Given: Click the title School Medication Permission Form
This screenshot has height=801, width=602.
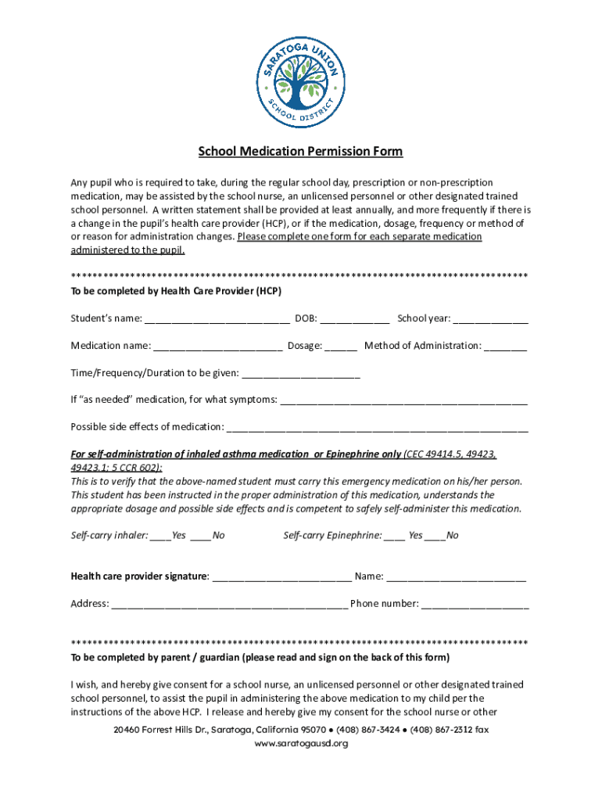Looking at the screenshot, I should (x=300, y=152).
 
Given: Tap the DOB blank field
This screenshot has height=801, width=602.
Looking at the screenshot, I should (x=355, y=319).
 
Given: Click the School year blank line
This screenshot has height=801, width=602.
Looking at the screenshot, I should (x=491, y=319).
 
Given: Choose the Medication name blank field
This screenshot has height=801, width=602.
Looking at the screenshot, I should (x=218, y=347).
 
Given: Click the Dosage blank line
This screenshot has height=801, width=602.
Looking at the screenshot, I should (x=341, y=347).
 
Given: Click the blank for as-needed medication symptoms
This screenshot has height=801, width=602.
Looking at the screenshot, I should (x=403, y=400).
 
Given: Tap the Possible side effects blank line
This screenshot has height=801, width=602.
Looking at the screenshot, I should (x=377, y=428).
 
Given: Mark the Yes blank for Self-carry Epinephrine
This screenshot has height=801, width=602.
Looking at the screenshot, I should (x=395, y=536).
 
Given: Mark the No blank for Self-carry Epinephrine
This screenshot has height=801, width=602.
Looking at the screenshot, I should (x=435, y=536).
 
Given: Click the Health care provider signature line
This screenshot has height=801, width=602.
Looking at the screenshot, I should (x=281, y=578).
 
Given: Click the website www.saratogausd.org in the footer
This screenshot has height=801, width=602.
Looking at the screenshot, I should (x=301, y=744).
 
